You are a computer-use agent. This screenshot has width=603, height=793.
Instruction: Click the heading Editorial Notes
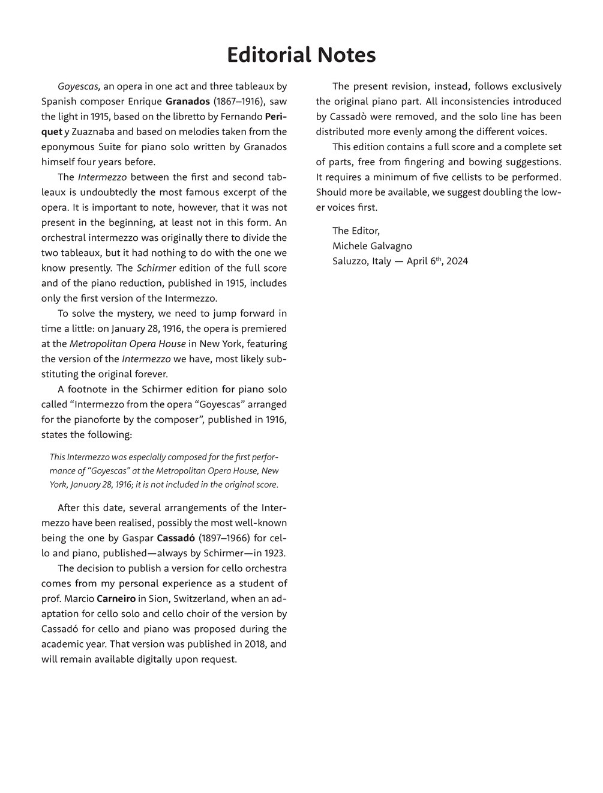coord(301,55)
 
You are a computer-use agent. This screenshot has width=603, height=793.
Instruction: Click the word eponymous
coord(68,147)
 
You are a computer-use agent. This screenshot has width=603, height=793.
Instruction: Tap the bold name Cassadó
coord(176,538)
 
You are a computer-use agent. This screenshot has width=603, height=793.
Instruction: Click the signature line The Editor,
coord(356,231)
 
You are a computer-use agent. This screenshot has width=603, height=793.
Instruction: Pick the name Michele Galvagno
coord(372,246)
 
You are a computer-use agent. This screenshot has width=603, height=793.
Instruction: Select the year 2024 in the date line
coord(456,261)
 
